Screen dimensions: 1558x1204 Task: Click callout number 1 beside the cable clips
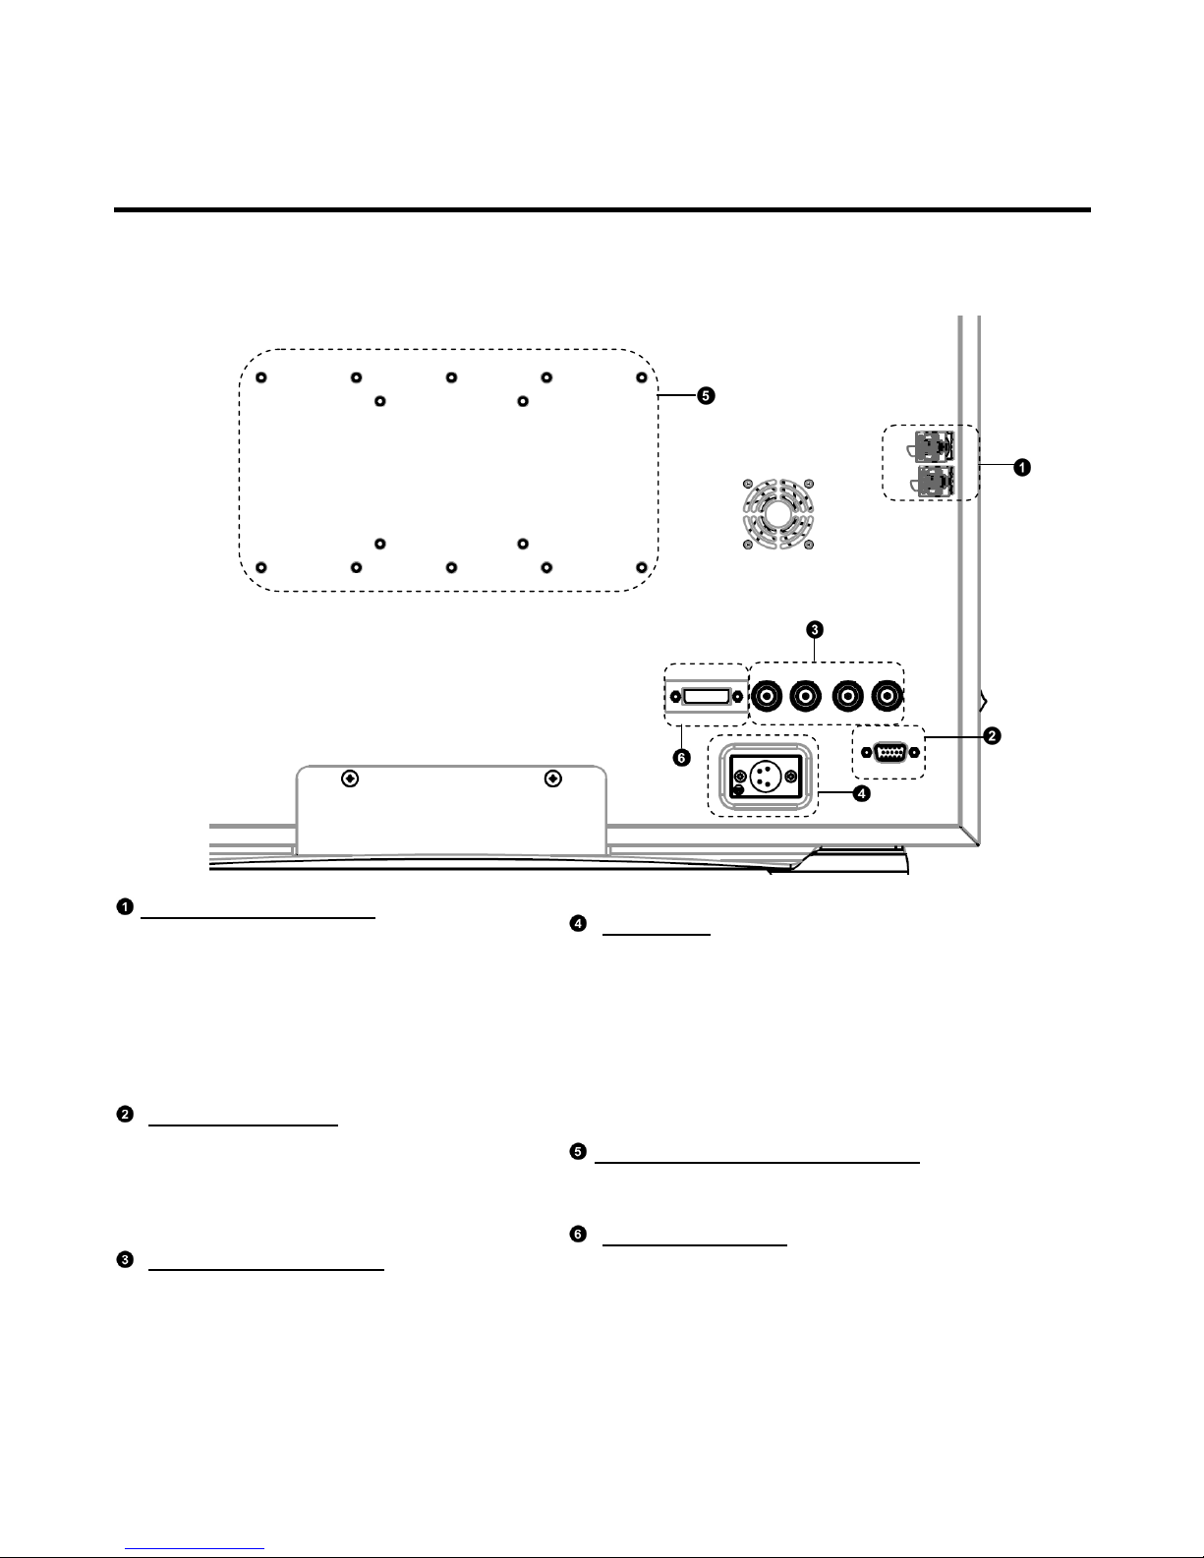(x=1022, y=468)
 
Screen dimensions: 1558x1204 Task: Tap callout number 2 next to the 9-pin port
(x=994, y=735)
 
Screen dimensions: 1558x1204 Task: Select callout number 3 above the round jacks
(x=815, y=628)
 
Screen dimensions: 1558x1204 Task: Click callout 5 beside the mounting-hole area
(x=705, y=396)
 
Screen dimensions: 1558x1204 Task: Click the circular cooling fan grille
(x=777, y=512)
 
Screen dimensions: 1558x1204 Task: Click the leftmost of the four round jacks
(x=767, y=696)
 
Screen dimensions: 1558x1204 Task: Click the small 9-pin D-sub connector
(x=889, y=752)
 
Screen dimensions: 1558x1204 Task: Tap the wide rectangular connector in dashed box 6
(x=706, y=697)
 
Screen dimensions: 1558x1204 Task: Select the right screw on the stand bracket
(x=553, y=779)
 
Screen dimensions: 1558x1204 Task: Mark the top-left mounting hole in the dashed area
(x=260, y=378)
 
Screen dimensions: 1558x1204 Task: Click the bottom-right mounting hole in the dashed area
(x=641, y=567)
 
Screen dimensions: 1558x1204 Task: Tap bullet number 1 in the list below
(x=126, y=906)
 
